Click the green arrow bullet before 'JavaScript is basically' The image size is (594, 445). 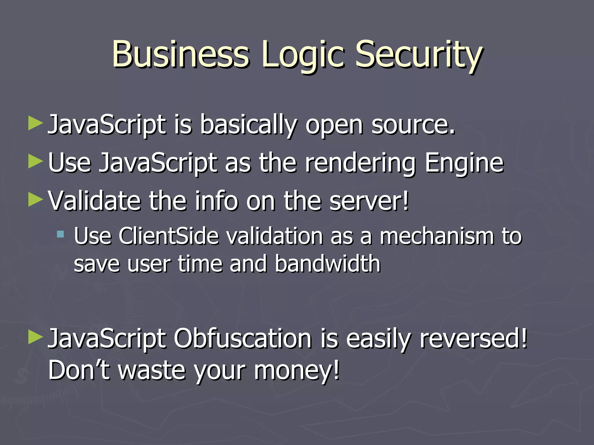pyautogui.click(x=36, y=124)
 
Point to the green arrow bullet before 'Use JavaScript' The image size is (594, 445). pyautogui.click(x=36, y=161)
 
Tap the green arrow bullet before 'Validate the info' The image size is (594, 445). pyautogui.click(x=36, y=200)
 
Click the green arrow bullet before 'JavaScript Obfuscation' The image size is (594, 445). pyautogui.click(x=36, y=337)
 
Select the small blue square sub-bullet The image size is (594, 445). pyautogui.click(x=60, y=234)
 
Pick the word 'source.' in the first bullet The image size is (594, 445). pyautogui.click(x=413, y=125)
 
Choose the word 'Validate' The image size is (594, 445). pyautogui.click(x=94, y=200)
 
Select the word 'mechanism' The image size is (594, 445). pyautogui.click(x=437, y=236)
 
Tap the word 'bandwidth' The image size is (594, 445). pyautogui.click(x=327, y=264)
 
